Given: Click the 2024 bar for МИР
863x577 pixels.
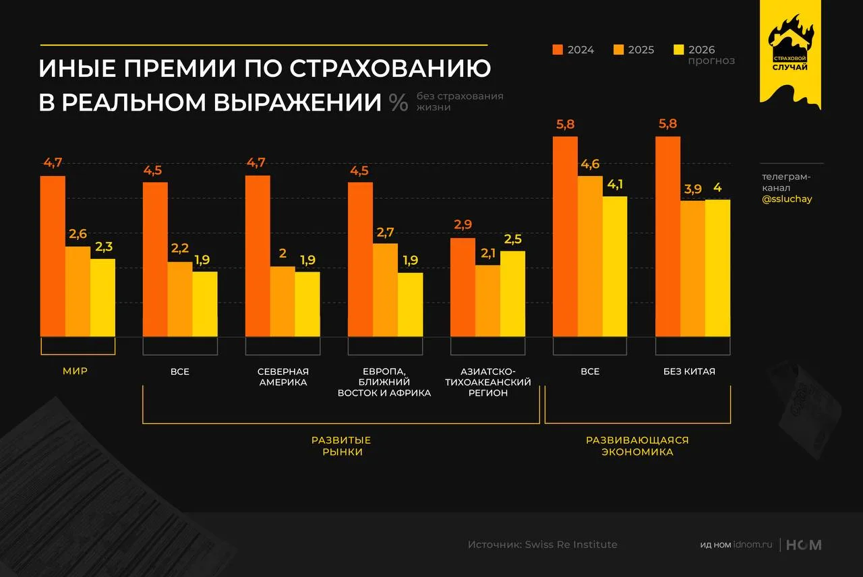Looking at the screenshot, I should [x=53, y=256].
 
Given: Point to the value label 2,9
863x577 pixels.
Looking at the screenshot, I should [x=463, y=225].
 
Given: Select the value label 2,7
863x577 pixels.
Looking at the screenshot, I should [x=385, y=232].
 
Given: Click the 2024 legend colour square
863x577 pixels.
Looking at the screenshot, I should [x=558, y=50].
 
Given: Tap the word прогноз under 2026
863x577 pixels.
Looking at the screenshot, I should [x=711, y=61].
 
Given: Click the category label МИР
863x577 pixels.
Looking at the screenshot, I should [x=76, y=371].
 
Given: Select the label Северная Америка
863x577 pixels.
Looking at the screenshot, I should [x=282, y=377].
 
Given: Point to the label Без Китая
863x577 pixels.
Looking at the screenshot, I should [x=692, y=371].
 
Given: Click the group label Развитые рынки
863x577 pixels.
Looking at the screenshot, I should [x=341, y=446].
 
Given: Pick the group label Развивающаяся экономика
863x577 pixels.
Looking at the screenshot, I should [x=637, y=446].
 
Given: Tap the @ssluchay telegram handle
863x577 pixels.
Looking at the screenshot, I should [x=786, y=200].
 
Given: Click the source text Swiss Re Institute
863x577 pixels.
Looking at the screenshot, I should [x=571, y=545].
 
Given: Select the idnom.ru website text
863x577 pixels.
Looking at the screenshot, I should [x=752, y=545].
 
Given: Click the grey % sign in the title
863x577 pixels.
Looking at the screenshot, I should [x=398, y=102].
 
